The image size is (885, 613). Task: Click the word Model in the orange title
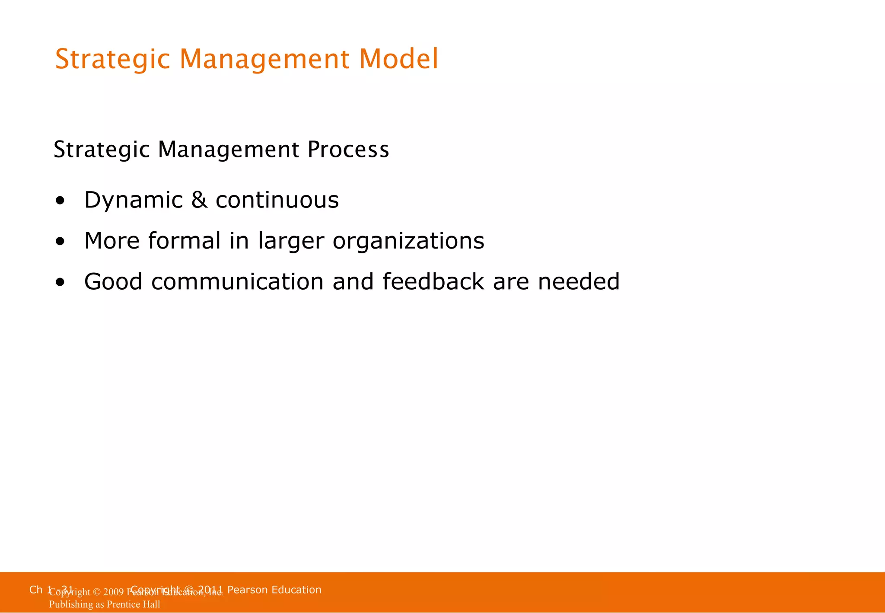(398, 59)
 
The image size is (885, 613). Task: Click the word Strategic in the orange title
(112, 60)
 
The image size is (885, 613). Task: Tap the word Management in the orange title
(264, 60)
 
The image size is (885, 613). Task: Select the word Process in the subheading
(348, 150)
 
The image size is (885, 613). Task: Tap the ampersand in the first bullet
(199, 200)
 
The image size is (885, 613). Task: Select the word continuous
(277, 200)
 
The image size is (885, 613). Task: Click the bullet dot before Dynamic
(60, 201)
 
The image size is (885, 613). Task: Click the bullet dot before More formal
(60, 242)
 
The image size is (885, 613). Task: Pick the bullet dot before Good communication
(60, 283)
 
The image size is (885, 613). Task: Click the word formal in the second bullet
(184, 241)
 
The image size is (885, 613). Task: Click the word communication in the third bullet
(237, 282)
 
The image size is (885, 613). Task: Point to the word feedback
(433, 281)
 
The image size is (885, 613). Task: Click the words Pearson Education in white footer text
(274, 590)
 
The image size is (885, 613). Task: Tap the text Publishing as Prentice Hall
(105, 604)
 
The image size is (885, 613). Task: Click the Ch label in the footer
(35, 590)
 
